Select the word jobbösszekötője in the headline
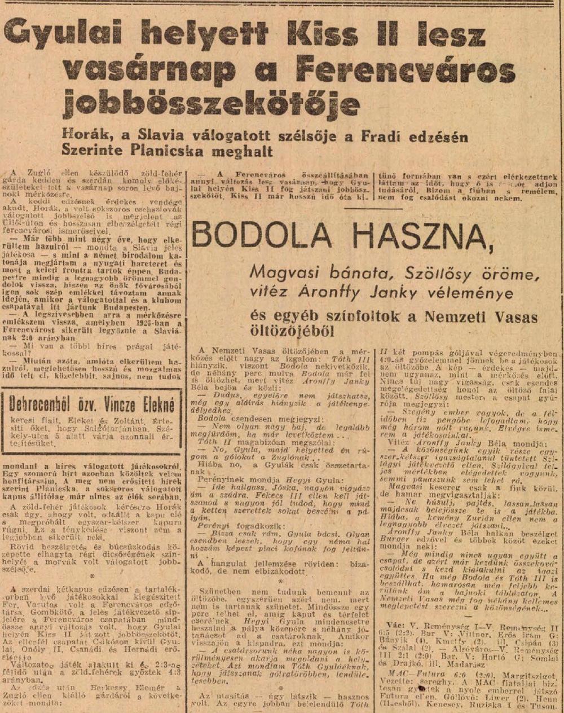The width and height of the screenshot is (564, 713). [211, 104]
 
